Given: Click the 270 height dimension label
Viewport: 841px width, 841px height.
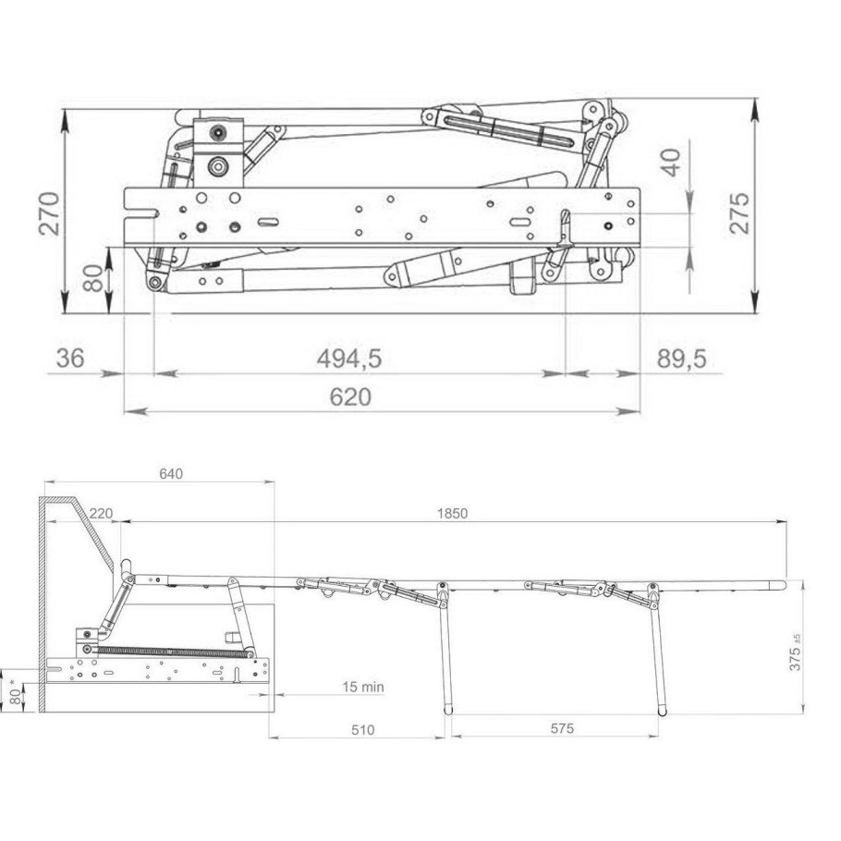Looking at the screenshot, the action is tap(49, 213).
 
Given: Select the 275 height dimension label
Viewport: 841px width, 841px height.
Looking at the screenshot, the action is tap(739, 213).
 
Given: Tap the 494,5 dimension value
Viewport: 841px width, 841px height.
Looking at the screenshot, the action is tap(349, 359).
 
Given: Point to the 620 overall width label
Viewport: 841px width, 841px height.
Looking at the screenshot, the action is tap(350, 397).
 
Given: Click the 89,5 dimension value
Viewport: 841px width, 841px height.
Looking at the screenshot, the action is tap(682, 359).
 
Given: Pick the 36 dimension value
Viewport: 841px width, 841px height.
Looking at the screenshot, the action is tap(70, 359).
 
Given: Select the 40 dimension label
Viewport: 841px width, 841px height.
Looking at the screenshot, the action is tap(671, 163).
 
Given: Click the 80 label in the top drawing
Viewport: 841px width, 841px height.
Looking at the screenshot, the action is tap(94, 278).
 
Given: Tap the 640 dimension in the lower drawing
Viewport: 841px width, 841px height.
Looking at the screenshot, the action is tap(171, 473).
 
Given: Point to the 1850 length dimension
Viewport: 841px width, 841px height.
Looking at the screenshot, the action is tap(452, 513).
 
